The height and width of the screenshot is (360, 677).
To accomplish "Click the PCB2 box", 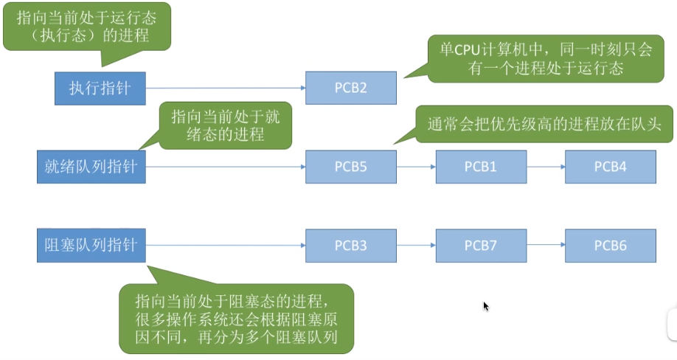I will [351, 89].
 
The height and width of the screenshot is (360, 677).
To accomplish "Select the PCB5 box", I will [351, 167].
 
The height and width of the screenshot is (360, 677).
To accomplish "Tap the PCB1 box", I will [480, 167].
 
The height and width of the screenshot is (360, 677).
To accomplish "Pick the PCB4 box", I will [610, 167].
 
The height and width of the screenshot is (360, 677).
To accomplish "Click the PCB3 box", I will [351, 245].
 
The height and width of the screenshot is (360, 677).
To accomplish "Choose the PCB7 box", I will [480, 245].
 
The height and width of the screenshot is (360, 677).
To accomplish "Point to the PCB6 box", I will [610, 245].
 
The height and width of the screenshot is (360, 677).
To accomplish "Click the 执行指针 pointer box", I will [100, 89].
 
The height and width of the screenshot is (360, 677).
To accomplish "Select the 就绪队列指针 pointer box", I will [91, 167].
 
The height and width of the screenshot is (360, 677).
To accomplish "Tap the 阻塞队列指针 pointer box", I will [91, 245].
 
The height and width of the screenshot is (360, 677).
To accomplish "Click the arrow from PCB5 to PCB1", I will [416, 167].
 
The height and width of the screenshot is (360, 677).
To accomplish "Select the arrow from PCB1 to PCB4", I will [545, 167].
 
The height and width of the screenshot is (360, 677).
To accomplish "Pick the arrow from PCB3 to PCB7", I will [416, 245].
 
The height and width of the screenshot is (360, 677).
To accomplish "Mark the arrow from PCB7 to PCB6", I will [545, 245].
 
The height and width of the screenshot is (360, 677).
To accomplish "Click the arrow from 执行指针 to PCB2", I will [226, 89].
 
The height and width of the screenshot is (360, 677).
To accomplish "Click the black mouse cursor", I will [485, 306].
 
